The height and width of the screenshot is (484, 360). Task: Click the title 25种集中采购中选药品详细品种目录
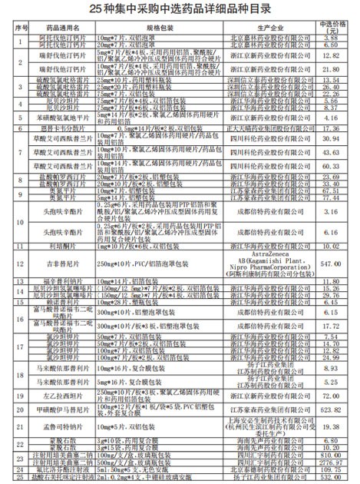pos(180,8)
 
